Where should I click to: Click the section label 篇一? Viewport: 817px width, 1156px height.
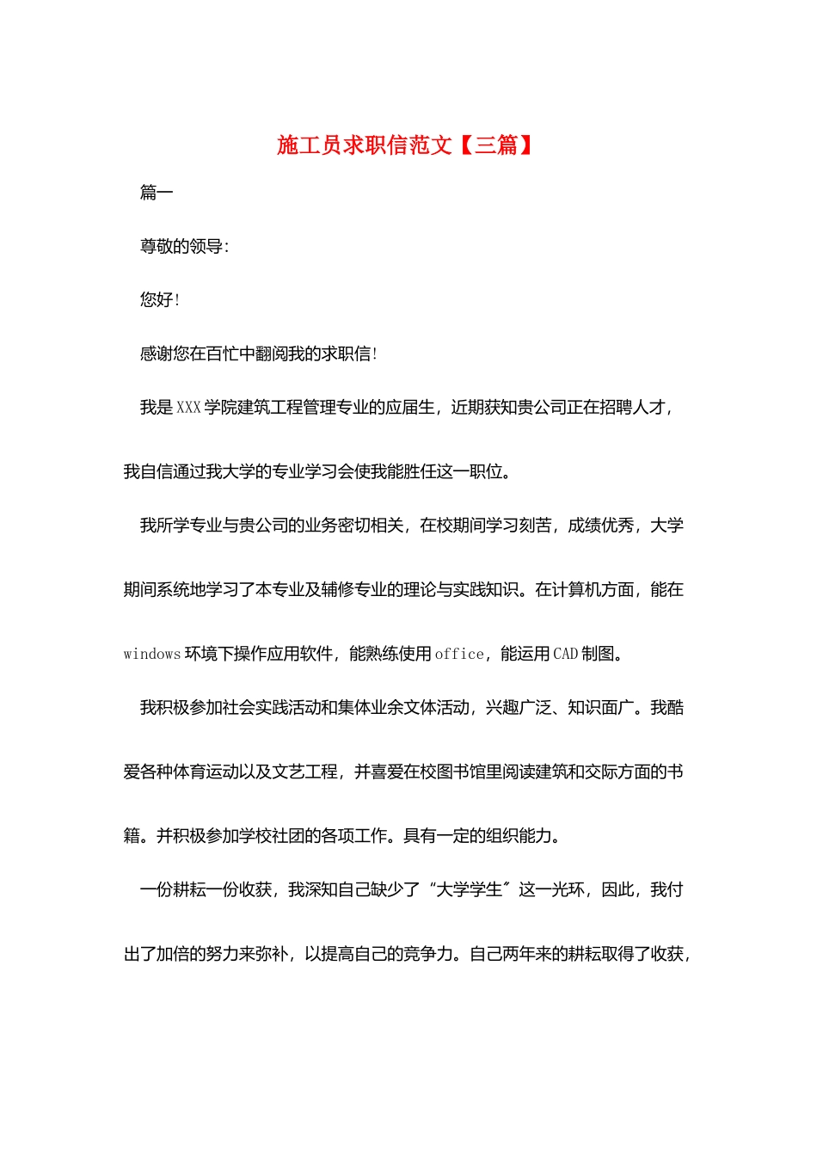click(157, 193)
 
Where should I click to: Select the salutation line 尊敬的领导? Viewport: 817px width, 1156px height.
click(183, 247)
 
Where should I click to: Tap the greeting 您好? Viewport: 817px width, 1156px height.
click(160, 300)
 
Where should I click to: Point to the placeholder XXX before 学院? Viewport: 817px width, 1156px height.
click(188, 408)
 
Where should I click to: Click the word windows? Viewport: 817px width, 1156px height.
click(151, 655)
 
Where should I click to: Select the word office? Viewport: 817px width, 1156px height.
click(459, 655)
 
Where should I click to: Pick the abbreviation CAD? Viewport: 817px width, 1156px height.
click(565, 655)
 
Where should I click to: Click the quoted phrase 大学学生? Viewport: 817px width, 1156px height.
click(470, 890)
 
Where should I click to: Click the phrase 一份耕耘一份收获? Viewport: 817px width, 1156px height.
click(206, 890)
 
